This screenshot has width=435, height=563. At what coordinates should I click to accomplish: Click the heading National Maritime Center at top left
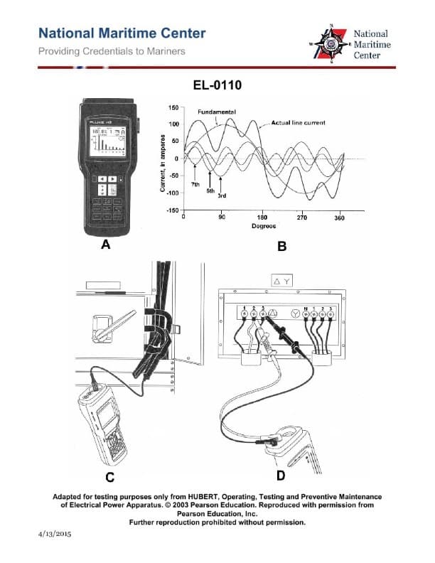(122, 33)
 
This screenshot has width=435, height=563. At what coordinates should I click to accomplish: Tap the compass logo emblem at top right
(331, 44)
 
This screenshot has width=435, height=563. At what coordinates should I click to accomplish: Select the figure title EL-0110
(217, 86)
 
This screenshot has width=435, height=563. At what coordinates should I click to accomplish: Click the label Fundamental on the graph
(216, 112)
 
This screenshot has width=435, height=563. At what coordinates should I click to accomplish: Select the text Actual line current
(299, 123)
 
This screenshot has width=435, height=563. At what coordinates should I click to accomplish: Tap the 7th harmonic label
(195, 184)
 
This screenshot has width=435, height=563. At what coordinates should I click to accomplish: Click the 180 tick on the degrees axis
(261, 218)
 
